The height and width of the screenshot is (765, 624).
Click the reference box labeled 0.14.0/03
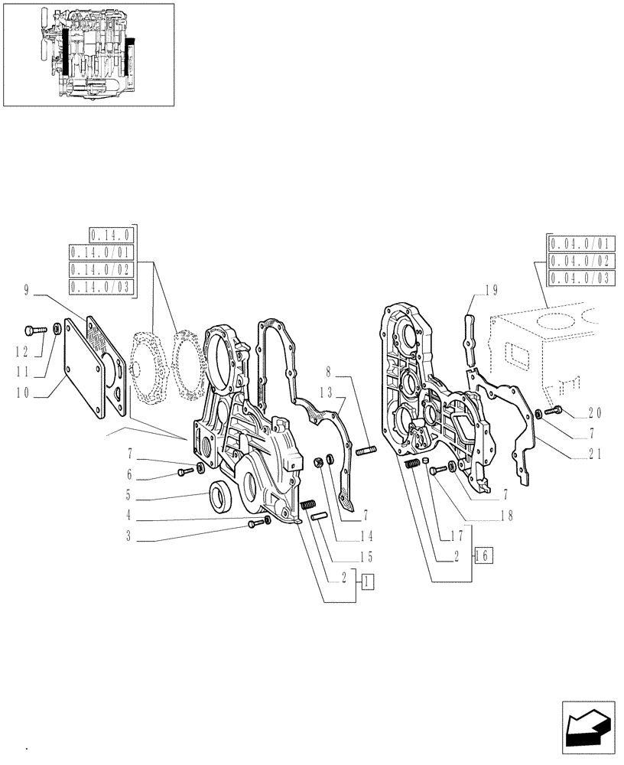click(100, 287)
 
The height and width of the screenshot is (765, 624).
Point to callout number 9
click(27, 290)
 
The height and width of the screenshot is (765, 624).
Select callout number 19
click(490, 290)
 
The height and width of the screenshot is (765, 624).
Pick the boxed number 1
click(369, 581)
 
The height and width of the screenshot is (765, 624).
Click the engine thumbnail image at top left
click(88, 54)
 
